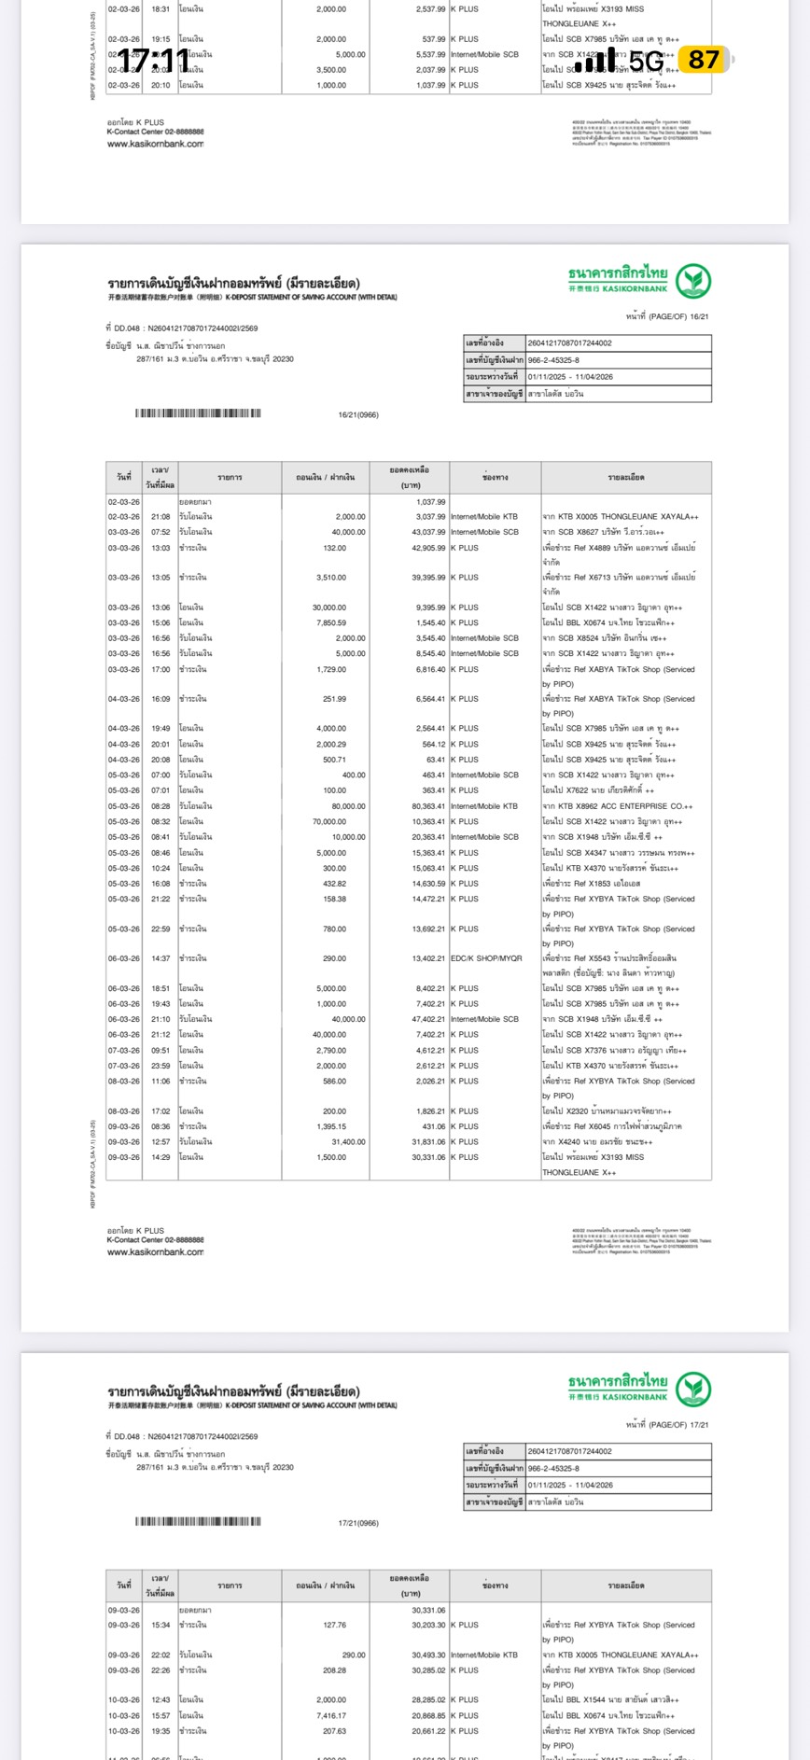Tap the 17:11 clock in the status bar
[154, 61]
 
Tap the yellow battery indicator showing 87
[704, 61]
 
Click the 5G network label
[646, 61]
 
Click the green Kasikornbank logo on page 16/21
[693, 281]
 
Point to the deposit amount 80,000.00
[349, 806]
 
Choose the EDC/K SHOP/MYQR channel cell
[486, 958]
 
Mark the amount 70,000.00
[329, 821]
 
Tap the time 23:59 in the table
[161, 1066]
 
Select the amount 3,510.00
[331, 578]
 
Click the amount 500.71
[334, 760]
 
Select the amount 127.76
[334, 1625]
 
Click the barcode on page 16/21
[198, 413]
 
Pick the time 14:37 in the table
[161, 958]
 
